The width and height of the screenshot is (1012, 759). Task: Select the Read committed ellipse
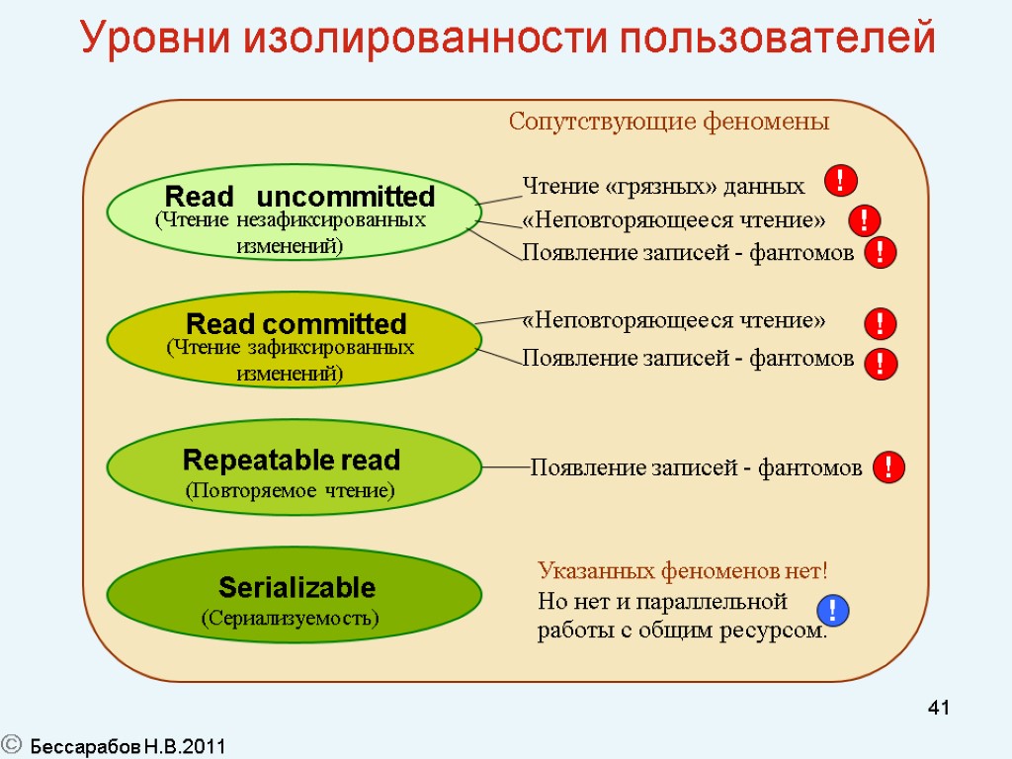click(295, 341)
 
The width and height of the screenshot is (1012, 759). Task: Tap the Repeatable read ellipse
click(294, 467)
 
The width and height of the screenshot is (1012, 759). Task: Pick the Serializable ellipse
click(294, 595)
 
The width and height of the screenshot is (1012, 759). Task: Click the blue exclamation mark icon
click(833, 611)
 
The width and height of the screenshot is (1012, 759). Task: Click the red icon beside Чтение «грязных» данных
click(840, 181)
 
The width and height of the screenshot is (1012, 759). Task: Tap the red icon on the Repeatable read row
click(889, 467)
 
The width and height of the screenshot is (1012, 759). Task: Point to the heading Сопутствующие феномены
click(668, 123)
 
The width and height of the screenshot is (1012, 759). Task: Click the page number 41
click(939, 708)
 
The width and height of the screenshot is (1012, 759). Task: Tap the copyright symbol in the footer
click(12, 745)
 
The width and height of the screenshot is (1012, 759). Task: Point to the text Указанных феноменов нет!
click(682, 571)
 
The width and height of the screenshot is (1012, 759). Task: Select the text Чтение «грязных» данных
click(662, 186)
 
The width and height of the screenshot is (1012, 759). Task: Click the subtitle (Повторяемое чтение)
click(291, 490)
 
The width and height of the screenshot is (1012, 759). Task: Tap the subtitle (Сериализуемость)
click(291, 619)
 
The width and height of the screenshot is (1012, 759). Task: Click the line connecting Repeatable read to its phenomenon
click(506, 466)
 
